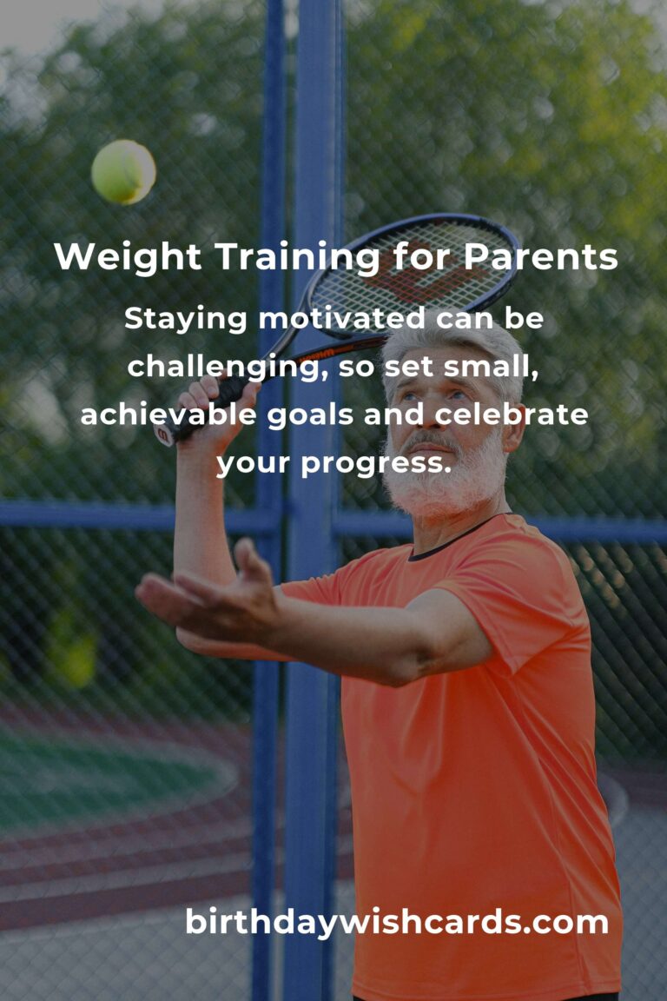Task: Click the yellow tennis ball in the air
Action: pos(123,172)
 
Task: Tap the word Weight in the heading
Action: pos(128,258)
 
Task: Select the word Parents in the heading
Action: pos(540,256)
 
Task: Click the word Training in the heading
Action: pos(297,258)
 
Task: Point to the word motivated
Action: pos(341,318)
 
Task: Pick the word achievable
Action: pos(168,415)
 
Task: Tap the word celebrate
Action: pos(512,415)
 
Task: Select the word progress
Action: pos(376,464)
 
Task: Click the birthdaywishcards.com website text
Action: pos(397,923)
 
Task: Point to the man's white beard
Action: pos(445,473)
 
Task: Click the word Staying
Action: pos(185,319)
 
